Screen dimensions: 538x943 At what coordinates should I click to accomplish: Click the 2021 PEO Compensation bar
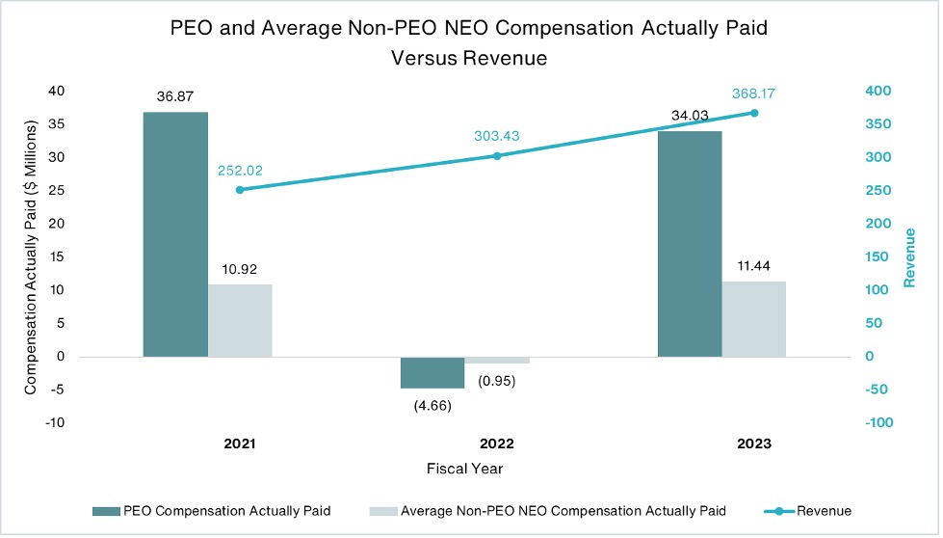pyautogui.click(x=175, y=234)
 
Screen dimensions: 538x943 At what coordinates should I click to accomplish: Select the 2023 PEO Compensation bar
pyautogui.click(x=690, y=243)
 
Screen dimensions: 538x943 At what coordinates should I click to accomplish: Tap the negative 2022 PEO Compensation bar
pyautogui.click(x=432, y=372)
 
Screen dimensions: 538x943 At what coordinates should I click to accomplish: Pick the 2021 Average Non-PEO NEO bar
pyautogui.click(x=240, y=320)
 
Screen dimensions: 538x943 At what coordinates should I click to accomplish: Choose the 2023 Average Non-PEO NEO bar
pyautogui.click(x=754, y=318)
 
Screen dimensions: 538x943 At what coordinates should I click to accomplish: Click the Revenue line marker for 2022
pyautogui.click(x=497, y=155)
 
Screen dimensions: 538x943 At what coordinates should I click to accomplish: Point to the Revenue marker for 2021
pyautogui.click(x=240, y=190)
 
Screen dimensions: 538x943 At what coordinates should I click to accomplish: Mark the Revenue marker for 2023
pyautogui.click(x=754, y=113)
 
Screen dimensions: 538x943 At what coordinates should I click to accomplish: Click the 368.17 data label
pyautogui.click(x=754, y=94)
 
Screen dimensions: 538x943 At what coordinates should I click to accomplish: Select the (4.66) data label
pyautogui.click(x=432, y=405)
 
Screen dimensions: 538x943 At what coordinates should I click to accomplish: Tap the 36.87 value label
pyautogui.click(x=175, y=96)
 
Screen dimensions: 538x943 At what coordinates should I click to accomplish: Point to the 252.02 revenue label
pyautogui.click(x=240, y=171)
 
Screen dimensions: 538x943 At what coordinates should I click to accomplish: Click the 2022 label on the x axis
pyautogui.click(x=497, y=444)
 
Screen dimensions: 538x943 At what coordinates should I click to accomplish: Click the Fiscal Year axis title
pyautogui.click(x=464, y=469)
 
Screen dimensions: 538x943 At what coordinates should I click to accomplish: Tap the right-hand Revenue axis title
pyautogui.click(x=910, y=256)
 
